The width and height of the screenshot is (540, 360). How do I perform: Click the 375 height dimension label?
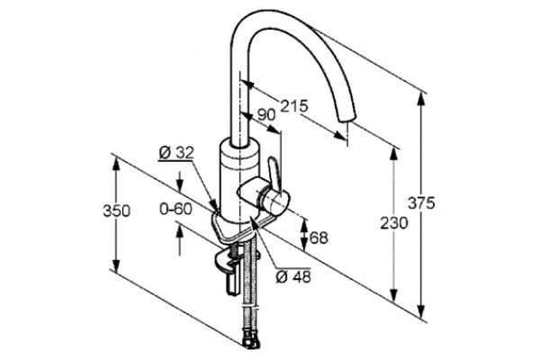pyautogui.click(x=421, y=202)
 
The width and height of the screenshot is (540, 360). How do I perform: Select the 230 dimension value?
pyautogui.click(x=393, y=223)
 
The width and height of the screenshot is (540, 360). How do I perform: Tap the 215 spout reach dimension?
pyautogui.click(x=293, y=106)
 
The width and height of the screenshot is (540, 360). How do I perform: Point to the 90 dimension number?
pyautogui.click(x=266, y=114)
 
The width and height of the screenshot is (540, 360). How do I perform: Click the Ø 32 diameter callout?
pyautogui.click(x=176, y=153)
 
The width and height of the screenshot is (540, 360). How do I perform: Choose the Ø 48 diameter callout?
pyautogui.click(x=293, y=276)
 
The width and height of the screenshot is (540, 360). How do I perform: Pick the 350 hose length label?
pyautogui.click(x=116, y=211)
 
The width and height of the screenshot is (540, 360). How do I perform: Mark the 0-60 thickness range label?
pyautogui.click(x=175, y=209)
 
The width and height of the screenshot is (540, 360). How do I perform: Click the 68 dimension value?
pyautogui.click(x=319, y=238)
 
